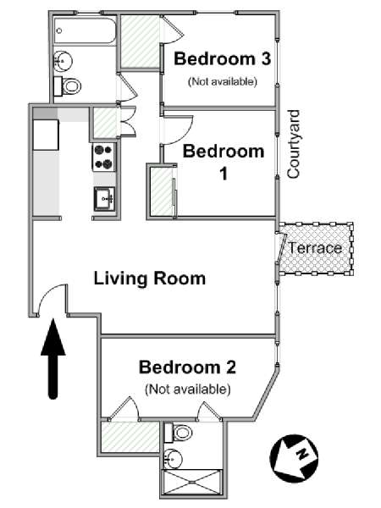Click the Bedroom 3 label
point(222,59)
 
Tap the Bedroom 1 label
point(224,162)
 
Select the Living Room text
point(150,279)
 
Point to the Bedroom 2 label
point(187,367)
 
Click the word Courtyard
point(294,144)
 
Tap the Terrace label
point(315,248)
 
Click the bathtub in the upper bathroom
point(85,30)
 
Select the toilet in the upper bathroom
point(68,86)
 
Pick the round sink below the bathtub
point(63,61)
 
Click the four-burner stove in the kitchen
point(103,157)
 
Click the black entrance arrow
point(53,359)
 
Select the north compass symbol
point(294,458)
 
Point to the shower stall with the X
point(192,482)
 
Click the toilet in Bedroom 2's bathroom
point(178,433)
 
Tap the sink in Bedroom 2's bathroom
point(173,459)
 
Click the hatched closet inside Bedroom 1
point(162,191)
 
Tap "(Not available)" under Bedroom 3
point(223,81)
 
